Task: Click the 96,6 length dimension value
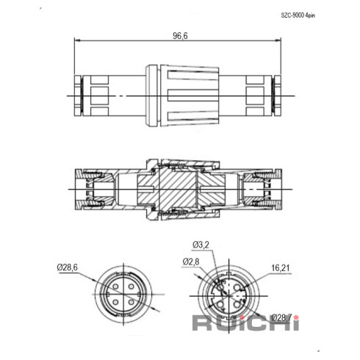click(x=180, y=36)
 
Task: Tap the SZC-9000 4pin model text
click(x=298, y=15)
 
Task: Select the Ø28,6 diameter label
click(x=68, y=267)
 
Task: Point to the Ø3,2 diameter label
click(x=201, y=245)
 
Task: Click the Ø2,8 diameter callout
click(x=191, y=262)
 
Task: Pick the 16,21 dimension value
click(x=281, y=268)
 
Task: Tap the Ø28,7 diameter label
click(x=281, y=318)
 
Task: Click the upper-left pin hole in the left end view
click(x=115, y=287)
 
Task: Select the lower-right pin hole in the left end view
click(x=132, y=302)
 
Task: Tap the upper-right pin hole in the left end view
click(x=132, y=287)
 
